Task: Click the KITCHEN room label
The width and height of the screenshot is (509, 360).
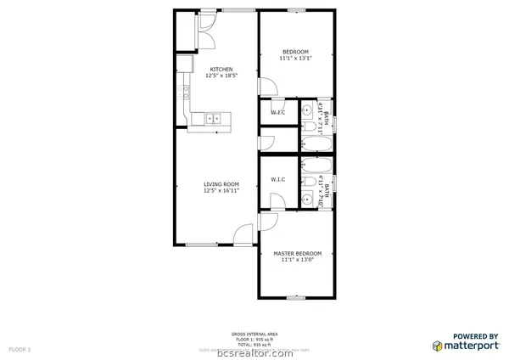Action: [x=221, y=70]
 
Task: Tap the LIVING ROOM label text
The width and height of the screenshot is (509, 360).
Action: [x=221, y=184]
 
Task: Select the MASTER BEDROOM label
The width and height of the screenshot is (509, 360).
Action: [x=297, y=254]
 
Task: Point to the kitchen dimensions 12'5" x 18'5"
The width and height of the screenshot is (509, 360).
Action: [x=221, y=76]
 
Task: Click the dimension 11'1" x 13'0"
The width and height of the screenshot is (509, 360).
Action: [x=297, y=261]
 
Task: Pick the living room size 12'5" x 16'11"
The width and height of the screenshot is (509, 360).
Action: [x=221, y=191]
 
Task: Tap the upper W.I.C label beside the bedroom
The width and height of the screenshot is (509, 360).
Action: [x=277, y=113]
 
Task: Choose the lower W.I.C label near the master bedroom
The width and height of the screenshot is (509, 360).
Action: [x=277, y=179]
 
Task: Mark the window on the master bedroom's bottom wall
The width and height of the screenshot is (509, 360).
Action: [x=296, y=297]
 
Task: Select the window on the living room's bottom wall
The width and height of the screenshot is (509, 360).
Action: [x=201, y=245]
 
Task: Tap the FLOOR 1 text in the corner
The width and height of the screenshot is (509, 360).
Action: [x=20, y=349]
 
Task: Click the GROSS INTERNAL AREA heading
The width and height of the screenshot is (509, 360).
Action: [x=255, y=335]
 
